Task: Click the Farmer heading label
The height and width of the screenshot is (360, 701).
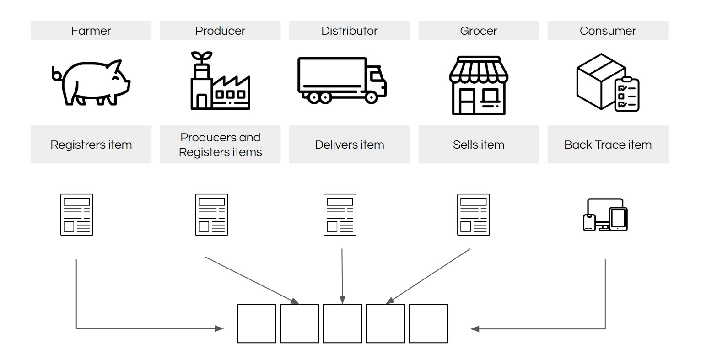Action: (x=91, y=31)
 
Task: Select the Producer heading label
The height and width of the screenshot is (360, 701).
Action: (x=220, y=31)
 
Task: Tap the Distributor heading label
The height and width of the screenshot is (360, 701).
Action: (x=349, y=31)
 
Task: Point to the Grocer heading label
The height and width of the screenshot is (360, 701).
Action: (x=478, y=31)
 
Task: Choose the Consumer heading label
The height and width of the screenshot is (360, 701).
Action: (x=607, y=31)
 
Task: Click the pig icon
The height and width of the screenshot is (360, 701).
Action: (x=92, y=82)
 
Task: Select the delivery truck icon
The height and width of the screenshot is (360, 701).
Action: (x=342, y=81)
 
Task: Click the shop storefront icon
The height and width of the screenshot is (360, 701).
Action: (x=478, y=85)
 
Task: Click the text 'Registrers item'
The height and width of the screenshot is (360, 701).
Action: (x=91, y=145)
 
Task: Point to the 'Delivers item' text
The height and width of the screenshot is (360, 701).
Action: (x=349, y=145)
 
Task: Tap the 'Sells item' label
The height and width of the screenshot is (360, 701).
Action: (x=478, y=145)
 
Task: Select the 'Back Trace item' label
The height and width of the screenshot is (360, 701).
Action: (x=607, y=145)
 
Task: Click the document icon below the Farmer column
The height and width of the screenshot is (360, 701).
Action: (x=76, y=215)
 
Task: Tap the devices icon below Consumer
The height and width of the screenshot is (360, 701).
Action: (x=605, y=215)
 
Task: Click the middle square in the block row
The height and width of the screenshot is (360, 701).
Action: (x=342, y=323)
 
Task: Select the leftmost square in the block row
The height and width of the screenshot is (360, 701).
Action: (x=256, y=323)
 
